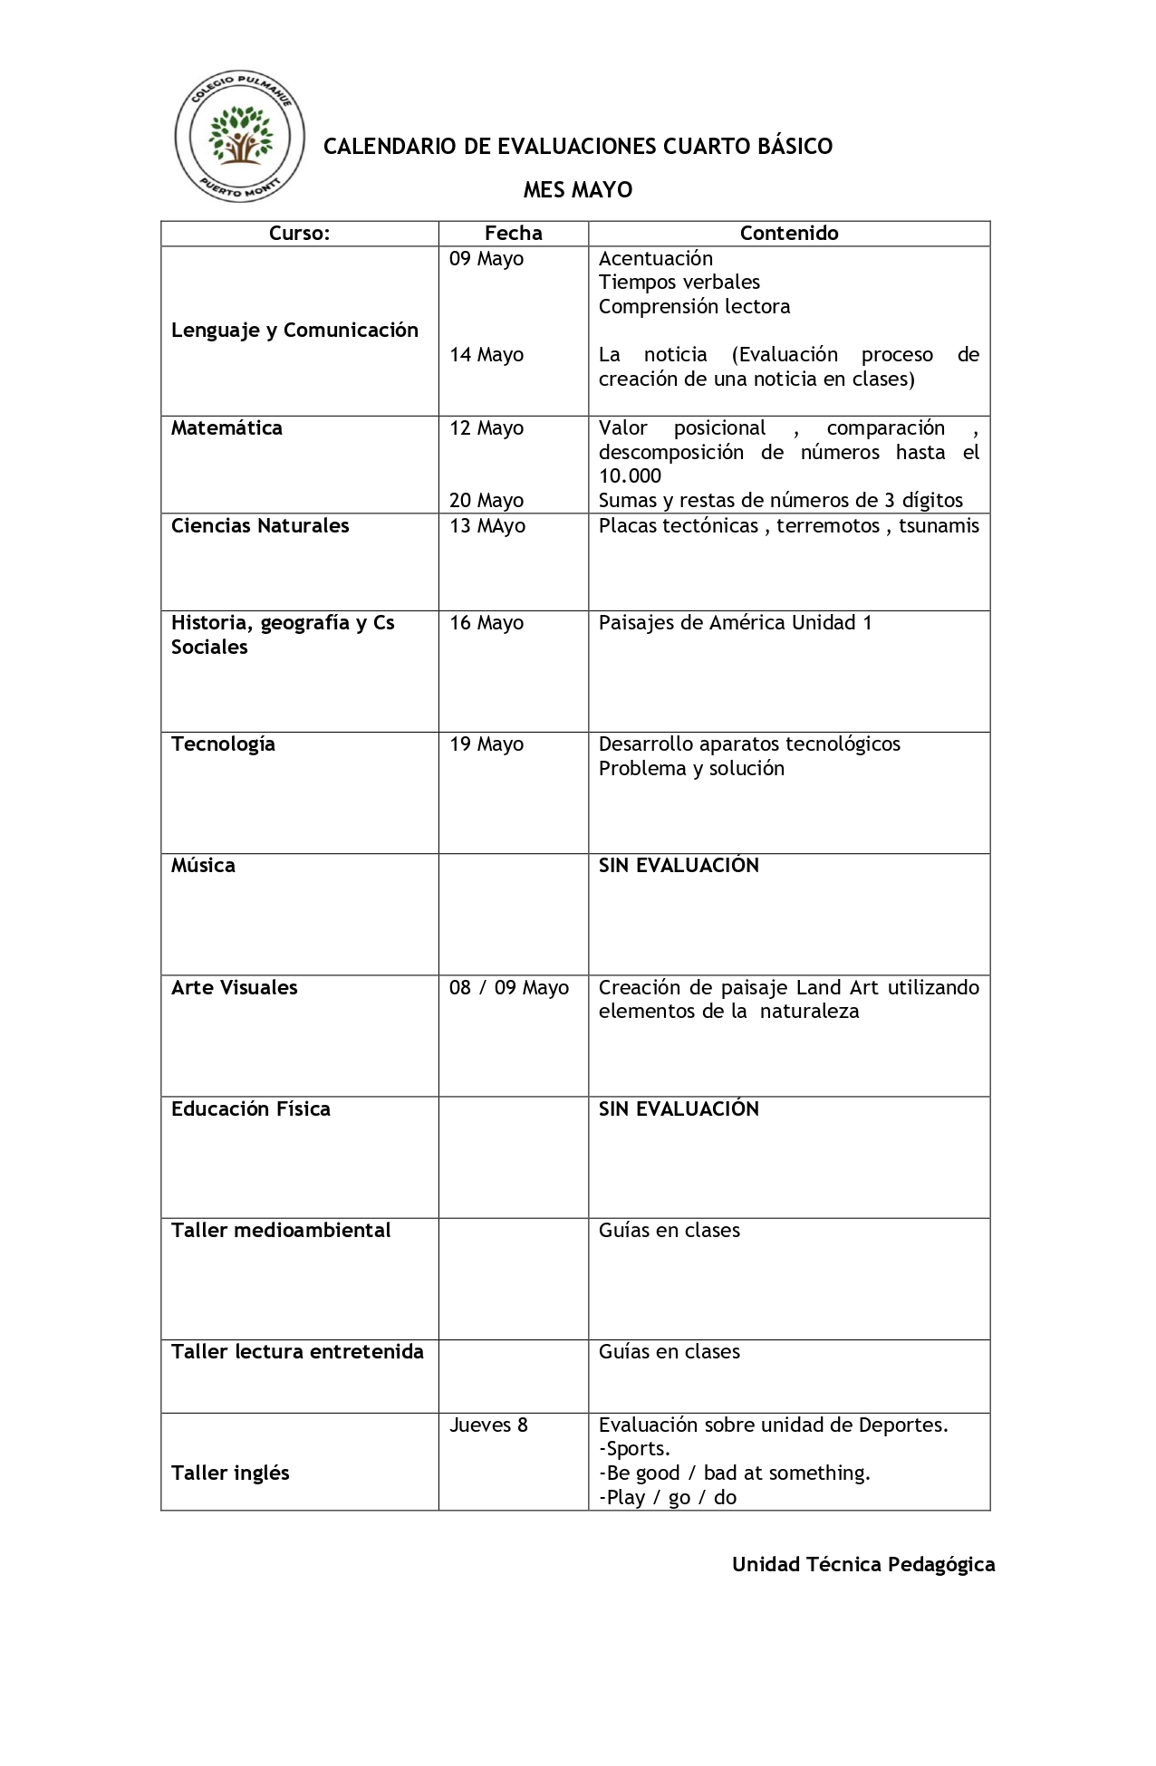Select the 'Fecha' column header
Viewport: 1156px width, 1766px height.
tap(513, 234)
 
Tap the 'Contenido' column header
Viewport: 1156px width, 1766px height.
tap(789, 234)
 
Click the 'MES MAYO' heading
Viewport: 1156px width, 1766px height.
tap(578, 190)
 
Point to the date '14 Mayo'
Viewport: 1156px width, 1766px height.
tap(486, 355)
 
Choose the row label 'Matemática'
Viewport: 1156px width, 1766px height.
tap(226, 428)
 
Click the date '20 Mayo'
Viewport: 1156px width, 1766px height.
tap(486, 500)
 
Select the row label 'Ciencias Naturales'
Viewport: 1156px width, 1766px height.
tap(260, 526)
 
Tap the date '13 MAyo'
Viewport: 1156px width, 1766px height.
tap(487, 526)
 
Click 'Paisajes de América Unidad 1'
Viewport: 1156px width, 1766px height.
tap(735, 623)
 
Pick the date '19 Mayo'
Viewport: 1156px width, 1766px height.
tap(486, 744)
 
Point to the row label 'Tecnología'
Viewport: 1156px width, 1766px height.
tap(223, 744)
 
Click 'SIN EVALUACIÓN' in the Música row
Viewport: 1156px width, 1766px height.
tap(679, 866)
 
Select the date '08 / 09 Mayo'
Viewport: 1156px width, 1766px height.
tap(509, 988)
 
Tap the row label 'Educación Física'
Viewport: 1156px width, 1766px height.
tap(251, 1109)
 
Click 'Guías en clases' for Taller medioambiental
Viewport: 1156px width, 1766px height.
tap(670, 1231)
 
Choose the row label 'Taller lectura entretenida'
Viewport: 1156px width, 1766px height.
tap(297, 1352)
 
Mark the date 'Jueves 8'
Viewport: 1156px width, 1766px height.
tap(488, 1425)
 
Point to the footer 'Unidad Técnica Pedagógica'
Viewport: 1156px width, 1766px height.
tap(863, 1565)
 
